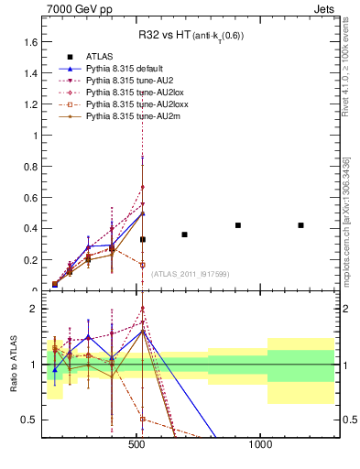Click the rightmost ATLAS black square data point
click(x=300, y=225)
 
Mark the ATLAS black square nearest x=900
click(x=238, y=225)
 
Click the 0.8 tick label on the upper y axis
click(x=28, y=167)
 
